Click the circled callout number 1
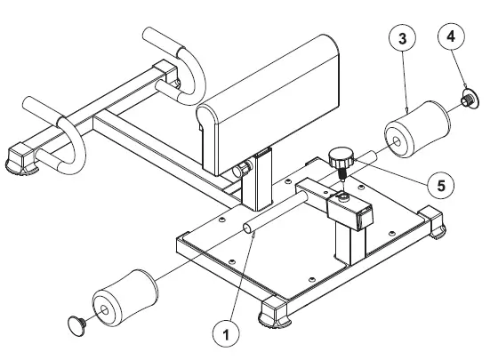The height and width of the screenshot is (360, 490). pos(227,337)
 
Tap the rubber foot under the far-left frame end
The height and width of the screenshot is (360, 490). pos(20,160)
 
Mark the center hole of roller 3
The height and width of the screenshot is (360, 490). pos(392,140)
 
